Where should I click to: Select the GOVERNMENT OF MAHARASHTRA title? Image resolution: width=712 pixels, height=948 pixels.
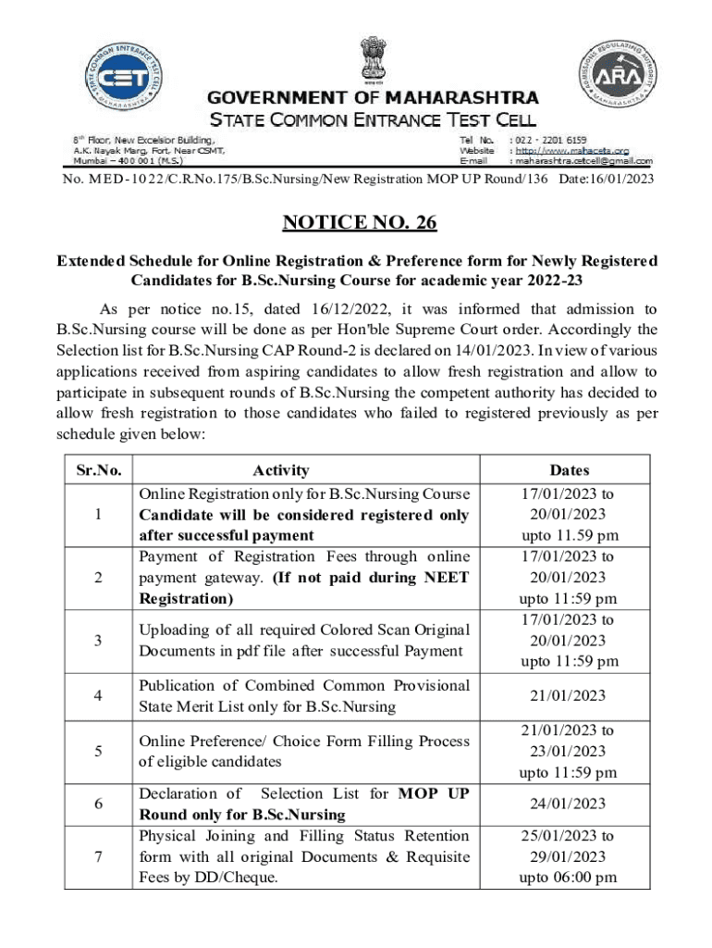click(360, 97)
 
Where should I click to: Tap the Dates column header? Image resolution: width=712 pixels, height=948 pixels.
click(569, 470)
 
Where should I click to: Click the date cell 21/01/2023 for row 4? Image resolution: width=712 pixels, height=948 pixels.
click(569, 696)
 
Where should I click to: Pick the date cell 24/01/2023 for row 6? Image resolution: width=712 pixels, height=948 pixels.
click(569, 804)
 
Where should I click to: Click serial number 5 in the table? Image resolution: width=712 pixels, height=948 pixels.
click(99, 751)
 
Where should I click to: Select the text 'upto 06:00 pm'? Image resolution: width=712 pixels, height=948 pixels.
click(569, 878)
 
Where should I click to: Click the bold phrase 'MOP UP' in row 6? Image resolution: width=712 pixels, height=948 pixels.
click(434, 793)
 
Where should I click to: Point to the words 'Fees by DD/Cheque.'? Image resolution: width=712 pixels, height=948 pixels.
click(208, 878)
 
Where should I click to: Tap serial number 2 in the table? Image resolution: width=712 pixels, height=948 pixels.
click(99, 578)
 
